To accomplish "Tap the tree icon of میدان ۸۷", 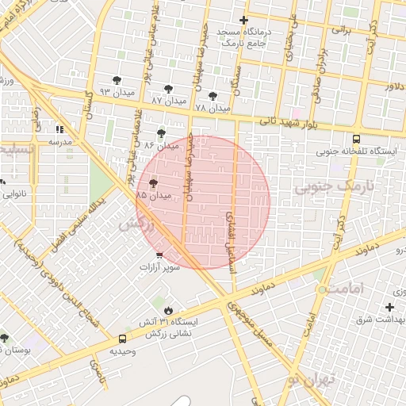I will click(x=167, y=89).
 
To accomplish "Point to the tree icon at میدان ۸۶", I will click(x=162, y=133).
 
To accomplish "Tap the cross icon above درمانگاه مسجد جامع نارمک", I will click(x=243, y=20).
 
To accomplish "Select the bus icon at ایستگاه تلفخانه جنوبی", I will click(x=356, y=137).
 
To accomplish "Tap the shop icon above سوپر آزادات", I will click(x=160, y=255).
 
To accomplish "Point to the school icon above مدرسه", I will click(x=58, y=129).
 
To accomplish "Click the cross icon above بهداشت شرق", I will click(x=389, y=307).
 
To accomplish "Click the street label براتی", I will click(x=340, y=30).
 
